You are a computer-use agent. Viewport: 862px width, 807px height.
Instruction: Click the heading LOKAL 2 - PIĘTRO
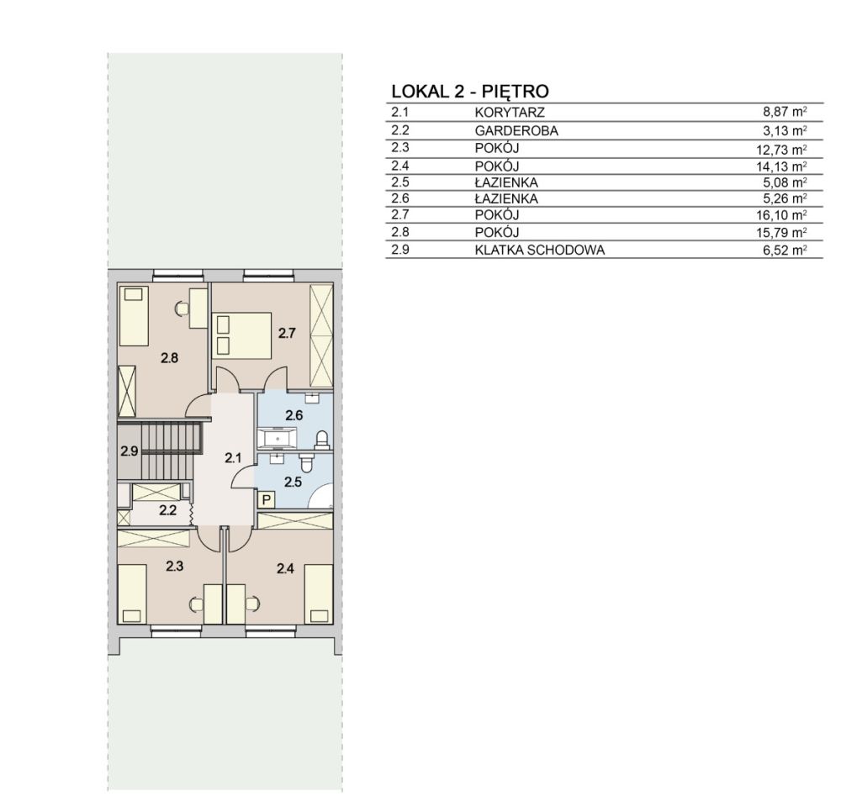pos(470,91)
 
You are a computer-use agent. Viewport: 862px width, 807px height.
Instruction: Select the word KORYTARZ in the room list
pos(510,113)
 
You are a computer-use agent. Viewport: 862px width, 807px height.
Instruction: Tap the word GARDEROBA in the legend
pos(516,131)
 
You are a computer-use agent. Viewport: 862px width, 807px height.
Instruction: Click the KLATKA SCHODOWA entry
pos(539,250)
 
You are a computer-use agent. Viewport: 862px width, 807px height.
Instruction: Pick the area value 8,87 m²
pos(785,112)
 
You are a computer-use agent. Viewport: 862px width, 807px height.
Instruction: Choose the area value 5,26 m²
pos(785,198)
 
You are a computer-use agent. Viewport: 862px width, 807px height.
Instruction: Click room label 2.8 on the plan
pos(169,358)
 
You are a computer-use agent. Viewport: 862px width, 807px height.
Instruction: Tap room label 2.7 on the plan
pos(287,333)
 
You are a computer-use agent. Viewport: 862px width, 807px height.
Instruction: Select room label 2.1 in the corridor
pos(233,457)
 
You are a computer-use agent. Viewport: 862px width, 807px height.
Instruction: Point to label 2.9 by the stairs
pos(130,451)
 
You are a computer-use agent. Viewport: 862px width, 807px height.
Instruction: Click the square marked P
pos(267,500)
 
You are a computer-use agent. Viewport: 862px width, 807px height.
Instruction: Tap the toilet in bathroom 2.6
pos(321,439)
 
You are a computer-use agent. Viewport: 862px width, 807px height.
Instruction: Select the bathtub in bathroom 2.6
pos(278,439)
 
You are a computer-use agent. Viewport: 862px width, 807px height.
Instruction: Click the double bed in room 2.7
pos(242,335)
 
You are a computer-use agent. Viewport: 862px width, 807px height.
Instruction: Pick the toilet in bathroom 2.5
pos(307,462)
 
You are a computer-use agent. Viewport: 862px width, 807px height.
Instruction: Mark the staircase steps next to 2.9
pos(169,451)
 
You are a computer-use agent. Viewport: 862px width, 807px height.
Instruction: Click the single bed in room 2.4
pos(320,594)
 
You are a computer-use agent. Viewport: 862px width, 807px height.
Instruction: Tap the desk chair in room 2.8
pos(181,309)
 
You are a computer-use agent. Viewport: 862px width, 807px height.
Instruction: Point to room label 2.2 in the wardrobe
pos(167,510)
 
